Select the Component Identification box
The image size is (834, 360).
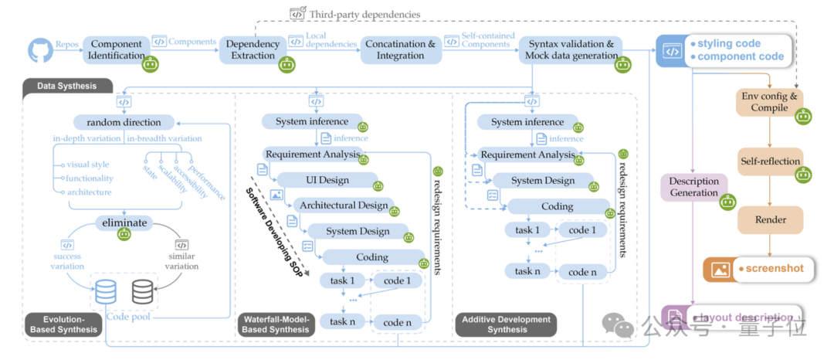[115, 49]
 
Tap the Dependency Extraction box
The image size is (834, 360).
[253, 49]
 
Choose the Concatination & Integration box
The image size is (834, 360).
[400, 49]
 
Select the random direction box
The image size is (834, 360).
[124, 122]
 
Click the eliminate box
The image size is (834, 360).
[124, 222]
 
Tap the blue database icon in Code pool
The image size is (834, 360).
[106, 291]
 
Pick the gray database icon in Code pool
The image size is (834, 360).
[142, 291]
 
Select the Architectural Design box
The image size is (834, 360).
[343, 205]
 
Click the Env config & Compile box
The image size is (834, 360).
[769, 102]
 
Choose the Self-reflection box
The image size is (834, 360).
[769, 161]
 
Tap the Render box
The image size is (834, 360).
[771, 219]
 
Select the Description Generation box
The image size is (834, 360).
[693, 187]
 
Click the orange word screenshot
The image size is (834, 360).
[772, 269]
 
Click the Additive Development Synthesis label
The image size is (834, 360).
[506, 324]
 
